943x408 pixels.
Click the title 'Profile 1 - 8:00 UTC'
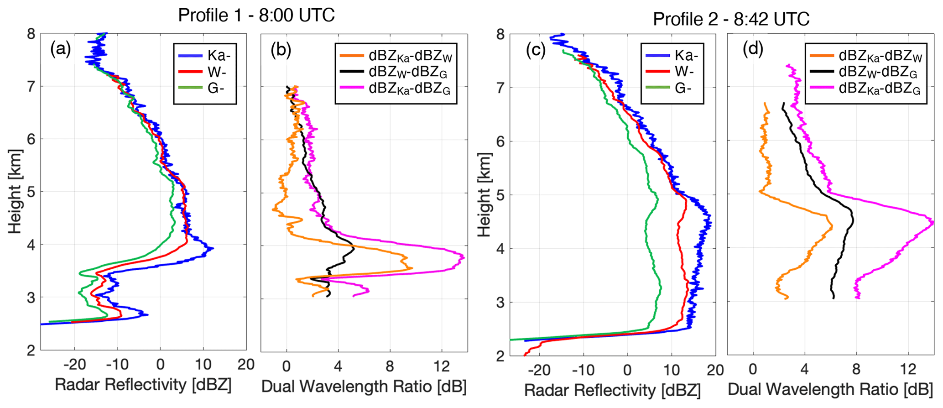[x=256, y=15]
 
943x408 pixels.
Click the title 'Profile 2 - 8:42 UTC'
[x=731, y=19]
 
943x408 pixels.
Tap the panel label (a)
[x=61, y=49]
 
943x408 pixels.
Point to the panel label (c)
[x=536, y=50]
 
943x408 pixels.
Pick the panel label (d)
[x=753, y=49]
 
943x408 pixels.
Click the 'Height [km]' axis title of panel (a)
[x=15, y=191]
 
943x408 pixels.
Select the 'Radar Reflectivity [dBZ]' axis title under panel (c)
[x=612, y=390]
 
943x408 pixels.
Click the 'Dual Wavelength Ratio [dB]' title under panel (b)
[x=364, y=387]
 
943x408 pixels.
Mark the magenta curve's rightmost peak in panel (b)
[x=464, y=257]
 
